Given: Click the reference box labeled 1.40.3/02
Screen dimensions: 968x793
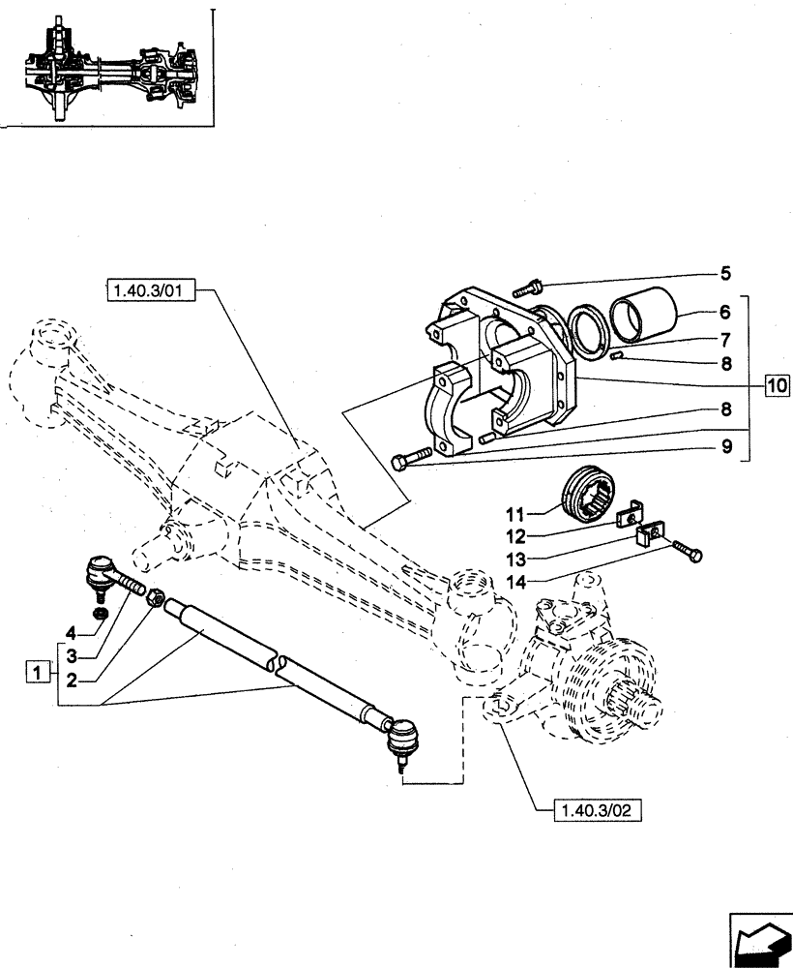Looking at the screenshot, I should point(593,811).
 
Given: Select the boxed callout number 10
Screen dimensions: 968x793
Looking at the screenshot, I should point(776,384).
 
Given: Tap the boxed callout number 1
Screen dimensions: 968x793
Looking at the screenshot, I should point(37,671).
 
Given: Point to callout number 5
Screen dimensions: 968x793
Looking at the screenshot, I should point(725,273).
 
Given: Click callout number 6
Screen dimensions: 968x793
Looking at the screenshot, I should point(725,314).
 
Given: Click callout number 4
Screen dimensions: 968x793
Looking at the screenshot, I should point(71,634).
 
